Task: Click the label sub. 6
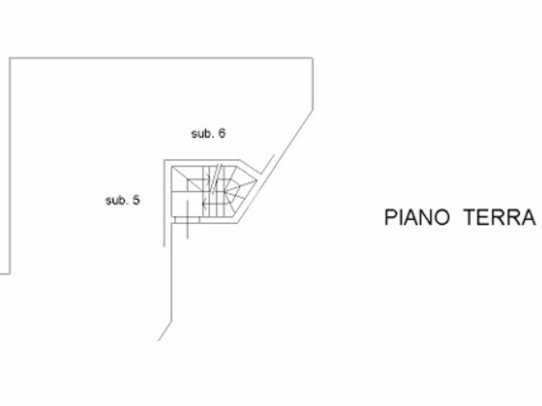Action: click(x=208, y=134)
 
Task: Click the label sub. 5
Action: click(x=123, y=200)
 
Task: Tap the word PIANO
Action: click(x=417, y=217)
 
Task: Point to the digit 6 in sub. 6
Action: click(x=222, y=134)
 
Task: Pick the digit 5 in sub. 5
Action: click(x=137, y=200)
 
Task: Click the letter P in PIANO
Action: click(x=390, y=217)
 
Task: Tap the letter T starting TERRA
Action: click(x=469, y=217)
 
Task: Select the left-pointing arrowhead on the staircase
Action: click(x=204, y=202)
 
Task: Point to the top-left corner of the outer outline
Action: click(x=11, y=58)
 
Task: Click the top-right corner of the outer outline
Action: click(x=312, y=58)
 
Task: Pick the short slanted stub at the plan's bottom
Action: click(x=165, y=331)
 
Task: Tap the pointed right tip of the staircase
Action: click(x=257, y=181)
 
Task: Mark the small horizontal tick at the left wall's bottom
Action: click(x=5, y=273)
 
